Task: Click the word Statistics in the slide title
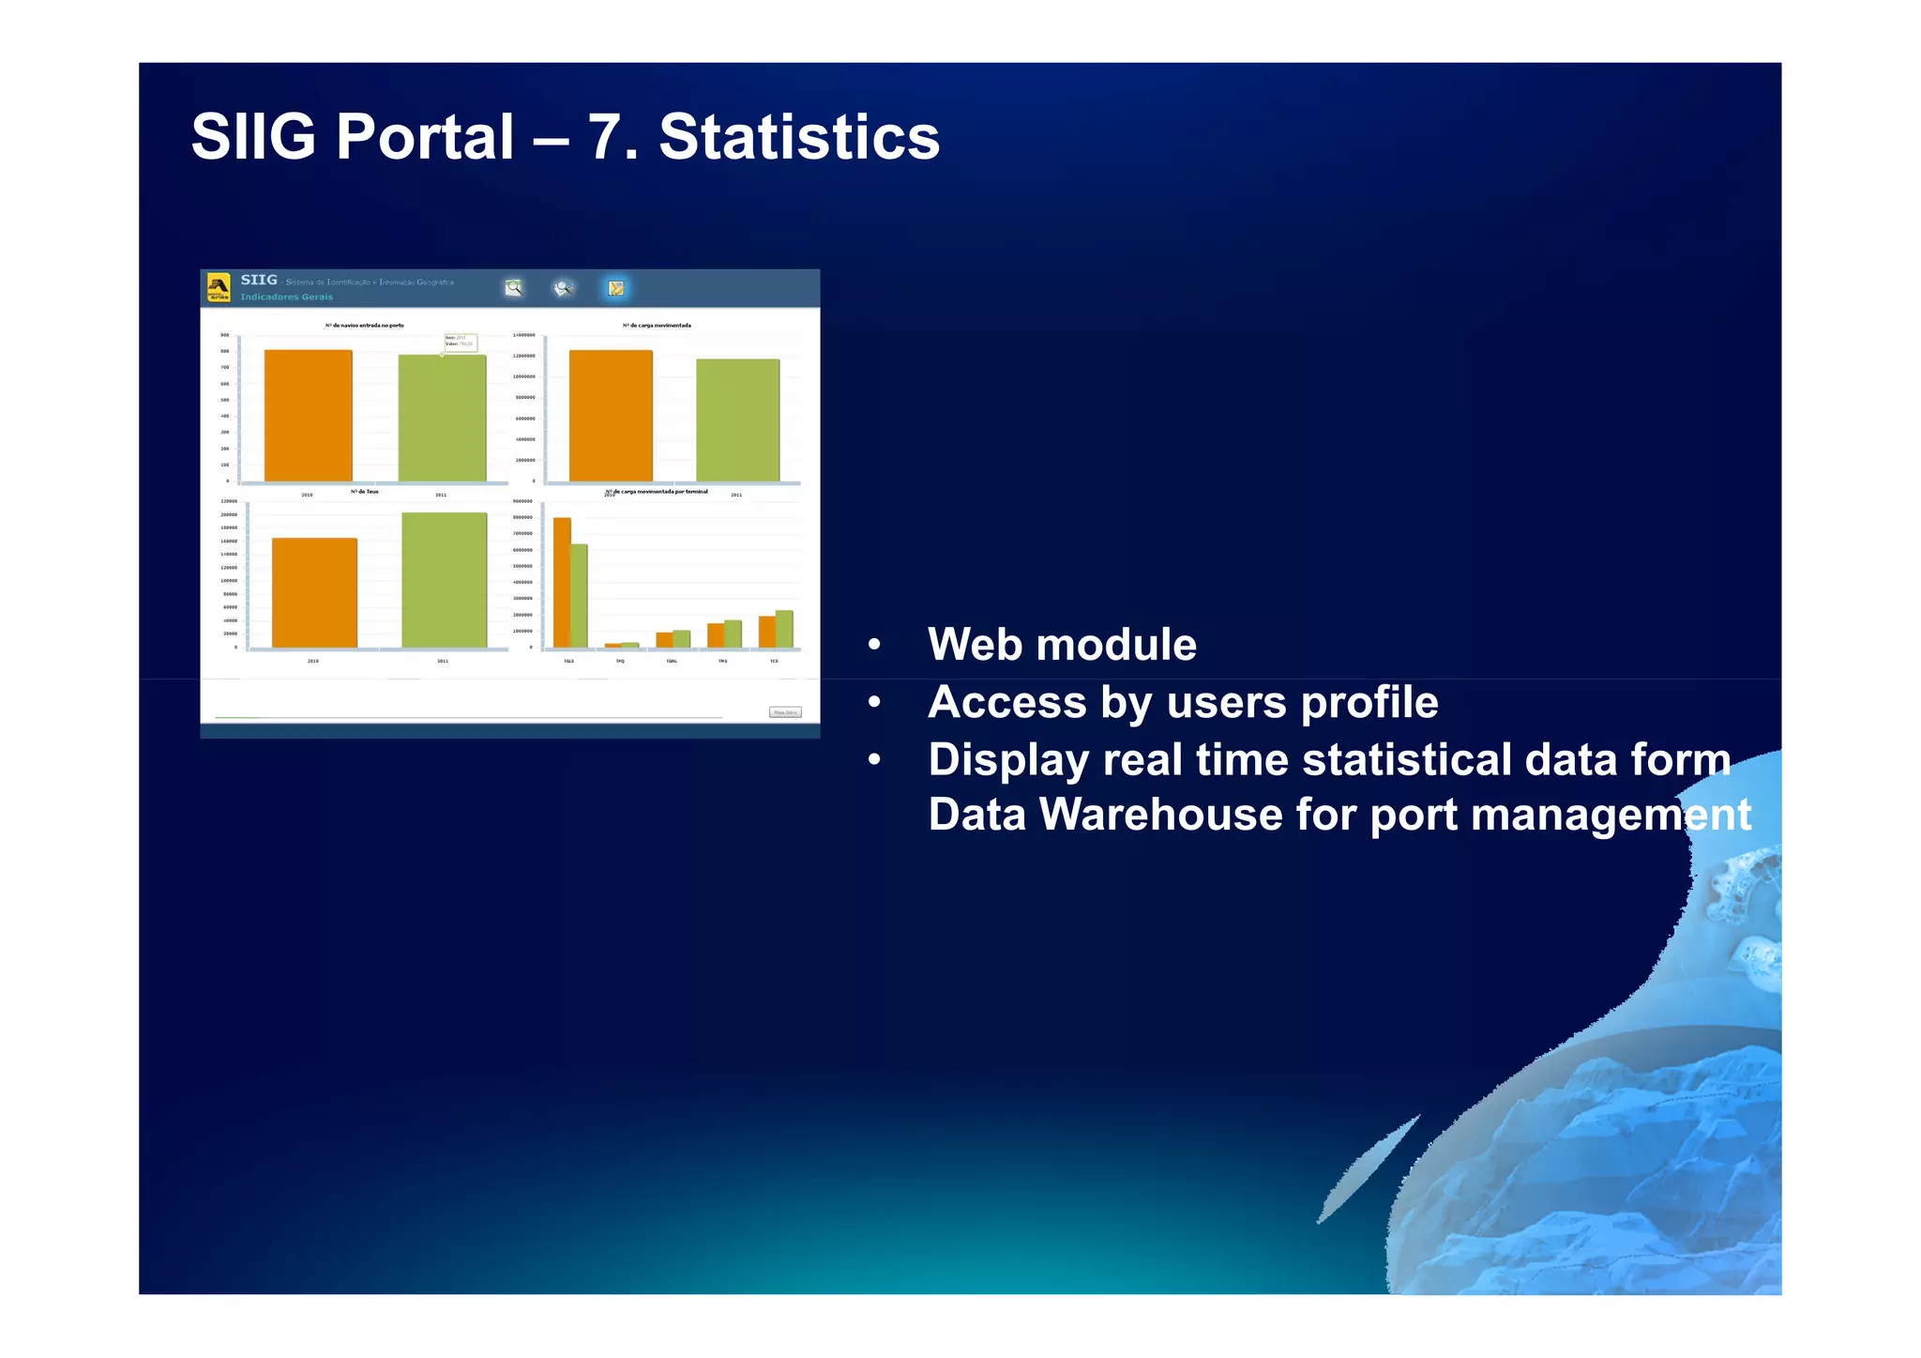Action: point(798,138)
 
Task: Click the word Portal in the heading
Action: point(425,138)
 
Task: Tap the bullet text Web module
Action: point(1061,645)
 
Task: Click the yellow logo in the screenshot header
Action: point(218,287)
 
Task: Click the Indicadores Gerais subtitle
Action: point(286,297)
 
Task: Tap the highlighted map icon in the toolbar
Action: point(615,288)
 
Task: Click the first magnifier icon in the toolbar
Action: point(513,288)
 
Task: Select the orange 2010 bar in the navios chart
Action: point(308,416)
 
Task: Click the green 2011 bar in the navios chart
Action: point(442,418)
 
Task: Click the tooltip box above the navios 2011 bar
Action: point(460,342)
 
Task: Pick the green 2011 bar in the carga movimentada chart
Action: point(737,420)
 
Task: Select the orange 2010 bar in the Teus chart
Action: point(314,592)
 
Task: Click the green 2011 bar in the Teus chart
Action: point(444,580)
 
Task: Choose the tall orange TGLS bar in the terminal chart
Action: point(562,582)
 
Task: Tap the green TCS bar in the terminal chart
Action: point(784,629)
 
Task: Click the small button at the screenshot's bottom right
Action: point(785,712)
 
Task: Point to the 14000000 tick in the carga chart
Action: point(523,335)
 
